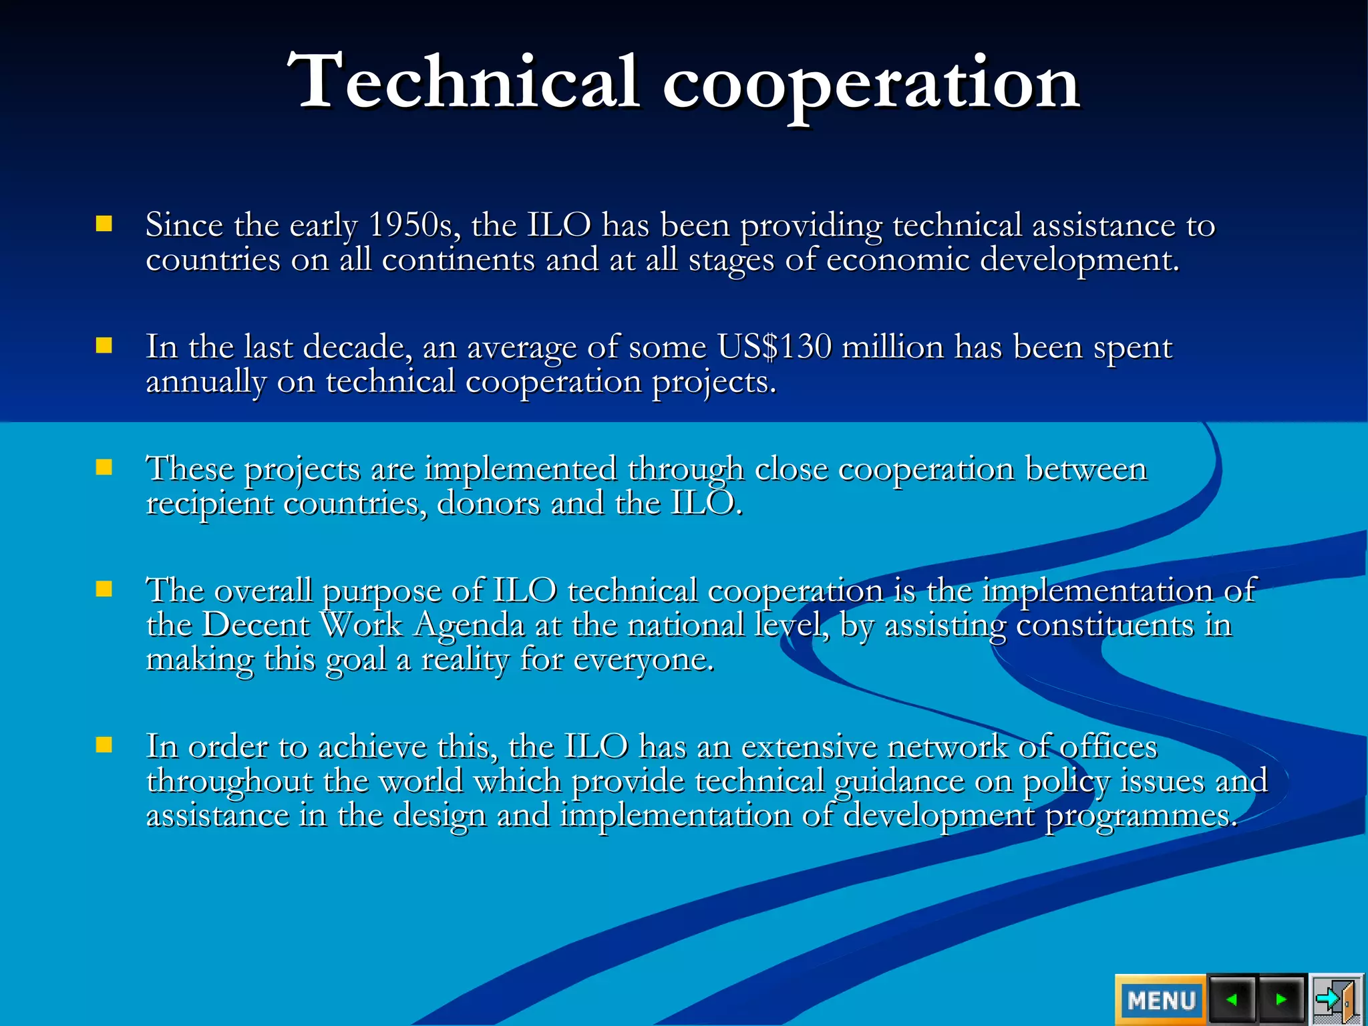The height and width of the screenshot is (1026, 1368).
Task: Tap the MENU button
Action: click(1160, 1000)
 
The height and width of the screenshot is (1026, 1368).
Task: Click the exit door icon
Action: click(1336, 1000)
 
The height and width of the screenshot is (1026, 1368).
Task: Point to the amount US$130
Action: click(774, 347)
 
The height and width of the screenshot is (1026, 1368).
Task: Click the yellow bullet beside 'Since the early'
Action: click(104, 223)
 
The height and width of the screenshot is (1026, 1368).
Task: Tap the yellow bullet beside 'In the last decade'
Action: click(104, 345)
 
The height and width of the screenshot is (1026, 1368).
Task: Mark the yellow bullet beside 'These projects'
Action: click(104, 467)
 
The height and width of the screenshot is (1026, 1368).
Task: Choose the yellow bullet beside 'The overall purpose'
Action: click(104, 588)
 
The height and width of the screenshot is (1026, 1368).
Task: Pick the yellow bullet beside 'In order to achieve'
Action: click(104, 745)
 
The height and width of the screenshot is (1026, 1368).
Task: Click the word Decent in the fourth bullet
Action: click(255, 625)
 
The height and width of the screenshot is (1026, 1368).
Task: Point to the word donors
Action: click(488, 504)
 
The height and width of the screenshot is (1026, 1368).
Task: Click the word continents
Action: click(458, 260)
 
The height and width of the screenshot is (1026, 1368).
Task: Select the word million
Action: click(892, 347)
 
